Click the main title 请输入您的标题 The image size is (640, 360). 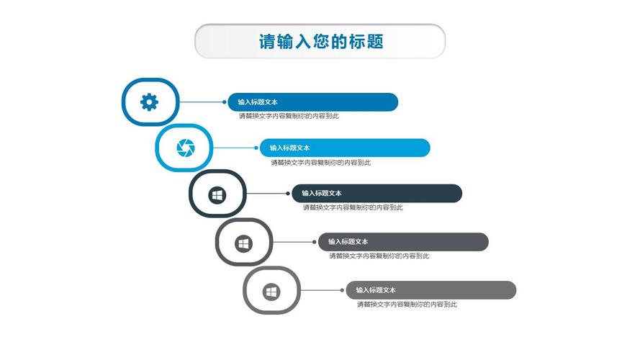coord(321,41)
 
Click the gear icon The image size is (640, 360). coord(150,102)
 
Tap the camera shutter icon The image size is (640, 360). coord(186,148)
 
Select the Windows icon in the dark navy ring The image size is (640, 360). coord(217,195)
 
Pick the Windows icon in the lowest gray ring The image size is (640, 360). coord(271,292)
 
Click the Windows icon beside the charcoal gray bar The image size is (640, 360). coord(243,243)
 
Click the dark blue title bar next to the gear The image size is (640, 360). coord(312,102)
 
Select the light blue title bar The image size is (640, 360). coord(345,148)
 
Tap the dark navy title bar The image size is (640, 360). coord(377,194)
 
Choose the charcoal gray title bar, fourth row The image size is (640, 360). coord(403,242)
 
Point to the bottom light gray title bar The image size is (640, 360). coord(431,290)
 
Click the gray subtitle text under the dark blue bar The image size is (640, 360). coord(289,117)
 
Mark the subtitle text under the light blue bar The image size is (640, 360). coord(321,163)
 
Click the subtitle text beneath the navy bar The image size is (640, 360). coord(353,208)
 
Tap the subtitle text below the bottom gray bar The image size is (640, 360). coord(407,305)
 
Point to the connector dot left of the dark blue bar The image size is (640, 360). coord(225,102)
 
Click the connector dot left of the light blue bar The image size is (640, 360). coord(256,148)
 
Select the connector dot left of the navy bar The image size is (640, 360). coord(288,194)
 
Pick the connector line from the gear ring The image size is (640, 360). coord(202,102)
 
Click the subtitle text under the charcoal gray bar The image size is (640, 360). coord(379,256)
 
